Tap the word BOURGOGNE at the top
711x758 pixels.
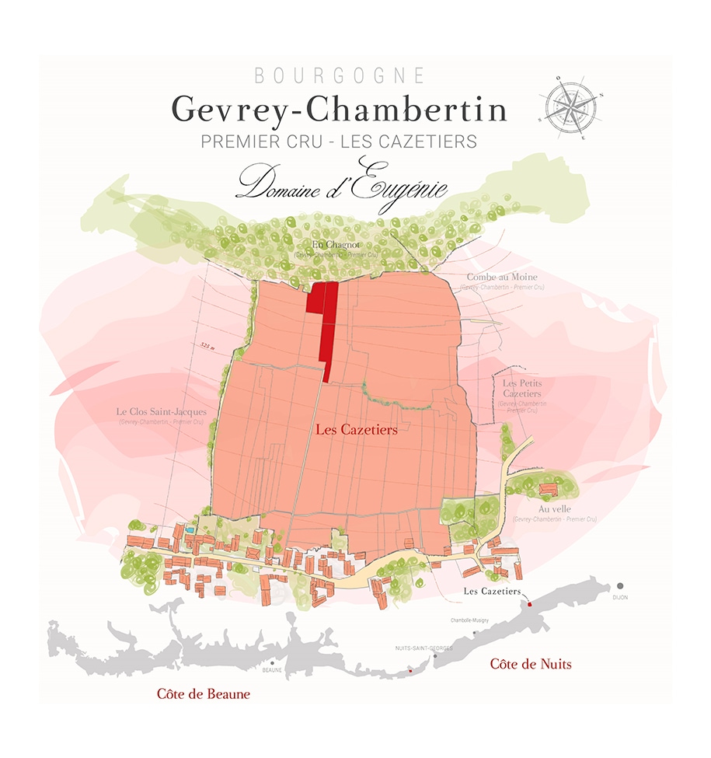click(340, 76)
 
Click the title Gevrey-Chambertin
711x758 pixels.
click(339, 109)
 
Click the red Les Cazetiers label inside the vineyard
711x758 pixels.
click(356, 428)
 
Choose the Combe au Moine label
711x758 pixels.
click(501, 277)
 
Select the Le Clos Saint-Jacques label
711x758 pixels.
click(161, 411)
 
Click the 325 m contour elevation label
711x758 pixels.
click(206, 344)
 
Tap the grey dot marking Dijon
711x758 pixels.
click(619, 585)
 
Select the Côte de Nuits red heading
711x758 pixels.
click(531, 664)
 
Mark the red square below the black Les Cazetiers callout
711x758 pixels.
click(528, 604)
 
